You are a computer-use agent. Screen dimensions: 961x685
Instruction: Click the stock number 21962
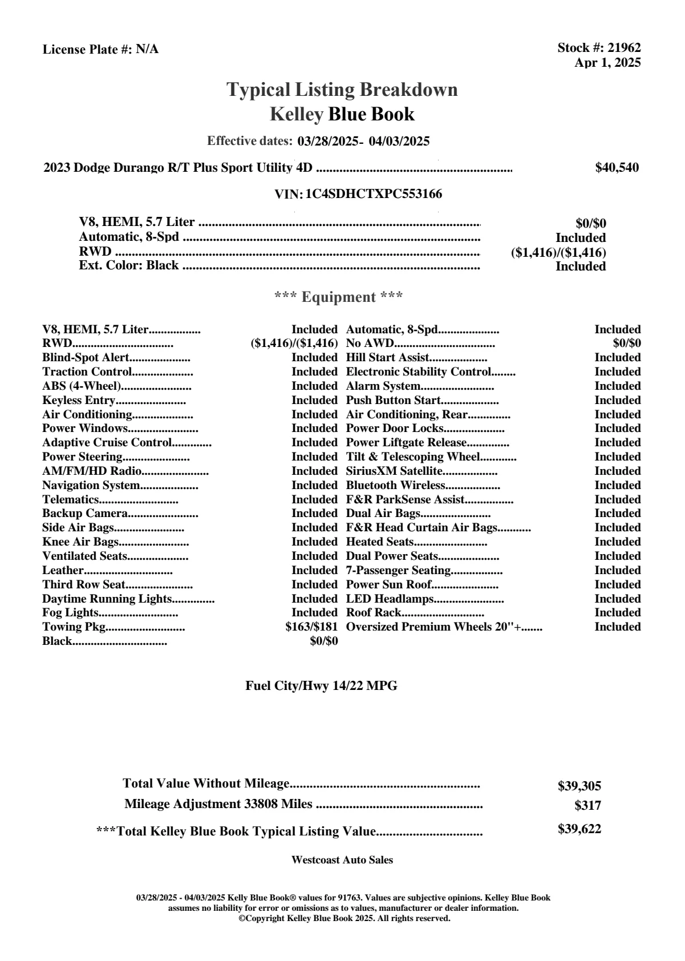tap(624, 48)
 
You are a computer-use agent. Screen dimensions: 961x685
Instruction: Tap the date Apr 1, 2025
tap(607, 63)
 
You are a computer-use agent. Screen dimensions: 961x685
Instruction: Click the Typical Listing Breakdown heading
tap(342, 90)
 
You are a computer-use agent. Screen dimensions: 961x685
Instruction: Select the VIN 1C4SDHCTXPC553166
tap(374, 194)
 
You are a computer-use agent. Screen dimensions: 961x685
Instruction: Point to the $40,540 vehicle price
tap(617, 168)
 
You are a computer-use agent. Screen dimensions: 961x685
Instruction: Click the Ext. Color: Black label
tap(129, 265)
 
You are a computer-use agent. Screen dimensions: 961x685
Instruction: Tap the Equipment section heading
tap(339, 297)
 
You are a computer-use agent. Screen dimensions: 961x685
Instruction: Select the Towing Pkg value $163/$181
tap(311, 627)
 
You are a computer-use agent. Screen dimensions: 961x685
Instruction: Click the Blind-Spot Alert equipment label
tap(86, 358)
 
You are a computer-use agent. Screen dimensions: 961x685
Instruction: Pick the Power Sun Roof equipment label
tap(388, 584)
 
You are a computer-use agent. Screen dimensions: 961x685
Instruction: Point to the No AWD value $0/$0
tap(627, 344)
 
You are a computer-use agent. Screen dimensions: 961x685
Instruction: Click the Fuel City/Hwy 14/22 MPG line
tap(321, 686)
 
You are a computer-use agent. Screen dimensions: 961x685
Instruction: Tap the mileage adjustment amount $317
tap(587, 806)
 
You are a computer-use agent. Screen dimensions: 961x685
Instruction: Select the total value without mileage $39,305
tap(579, 786)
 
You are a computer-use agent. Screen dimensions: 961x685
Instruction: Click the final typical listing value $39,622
tap(579, 829)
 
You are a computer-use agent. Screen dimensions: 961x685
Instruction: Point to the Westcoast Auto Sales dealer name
tap(342, 860)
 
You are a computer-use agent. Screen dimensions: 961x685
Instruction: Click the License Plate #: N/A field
tap(100, 50)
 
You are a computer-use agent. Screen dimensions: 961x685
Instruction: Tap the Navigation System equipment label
tap(91, 485)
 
